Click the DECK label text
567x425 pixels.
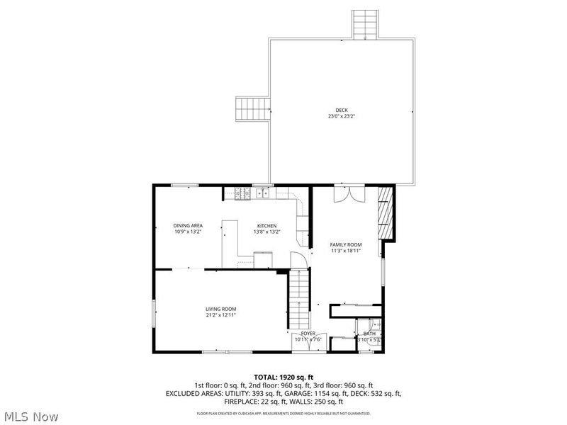(342, 110)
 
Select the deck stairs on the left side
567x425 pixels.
(252, 109)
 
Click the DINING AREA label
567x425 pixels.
(188, 225)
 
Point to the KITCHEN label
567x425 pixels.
(266, 225)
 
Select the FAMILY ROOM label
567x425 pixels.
(345, 244)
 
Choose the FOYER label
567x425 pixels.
(307, 333)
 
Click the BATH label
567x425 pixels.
(369, 334)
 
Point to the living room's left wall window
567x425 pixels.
(154, 313)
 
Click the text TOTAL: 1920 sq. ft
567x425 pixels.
(283, 377)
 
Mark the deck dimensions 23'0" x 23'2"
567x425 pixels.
(342, 116)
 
